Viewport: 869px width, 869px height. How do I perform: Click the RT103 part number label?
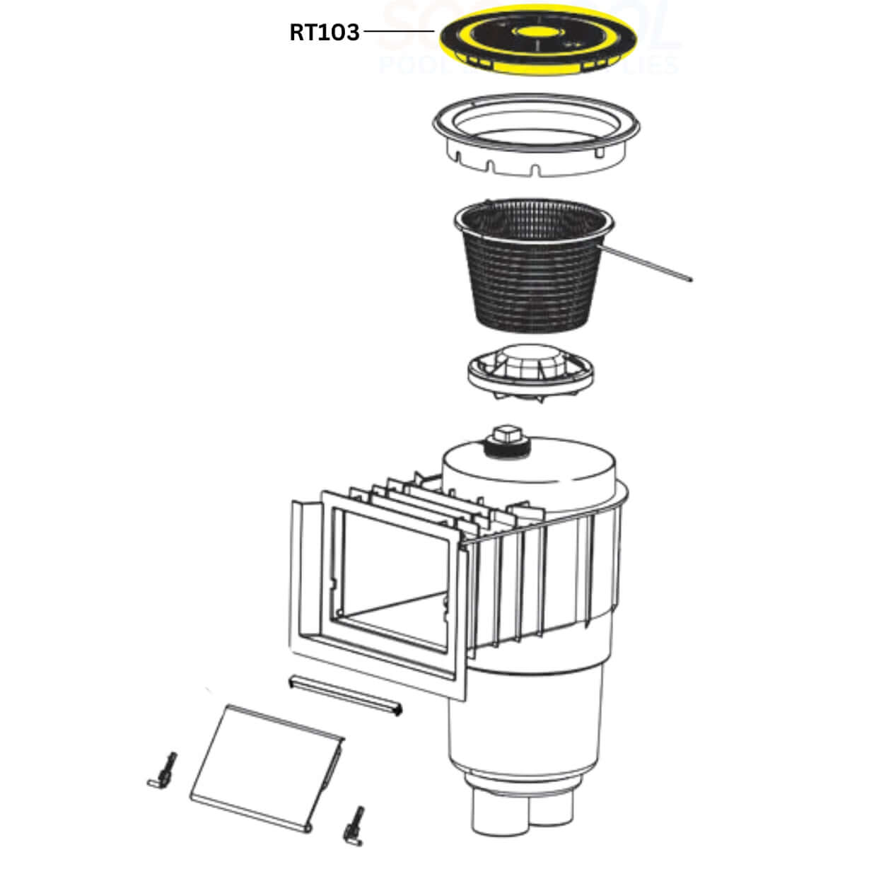(x=324, y=33)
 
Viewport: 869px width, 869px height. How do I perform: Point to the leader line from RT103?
(x=398, y=32)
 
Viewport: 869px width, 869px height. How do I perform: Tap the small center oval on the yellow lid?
(x=537, y=32)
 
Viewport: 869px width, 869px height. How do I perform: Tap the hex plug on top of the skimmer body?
(x=506, y=436)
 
